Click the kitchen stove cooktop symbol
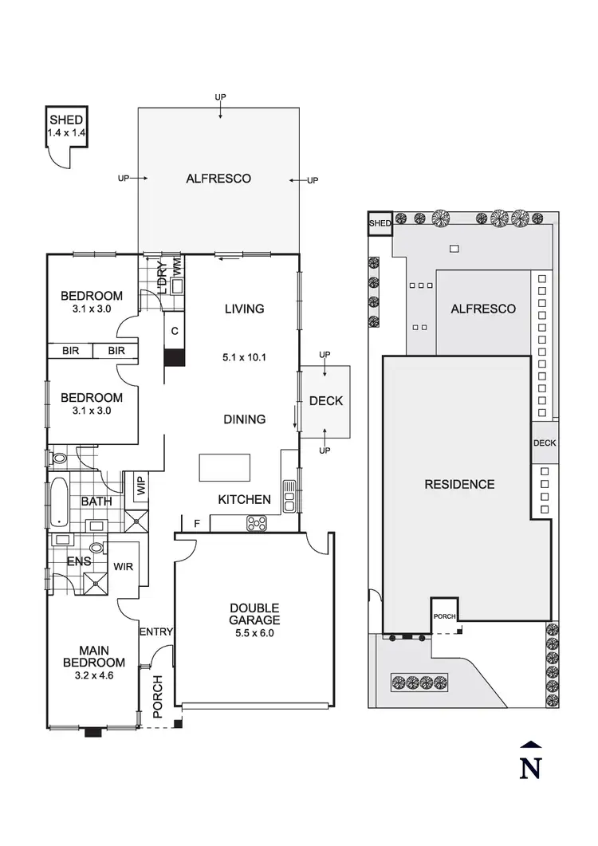[x=258, y=524]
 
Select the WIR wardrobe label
[x=122, y=568]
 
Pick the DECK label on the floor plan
[x=325, y=401]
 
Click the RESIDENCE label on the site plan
[x=459, y=484]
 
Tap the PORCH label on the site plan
[x=444, y=616]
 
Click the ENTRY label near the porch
[x=156, y=632]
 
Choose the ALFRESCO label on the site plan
[x=483, y=309]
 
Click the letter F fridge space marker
[x=197, y=523]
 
